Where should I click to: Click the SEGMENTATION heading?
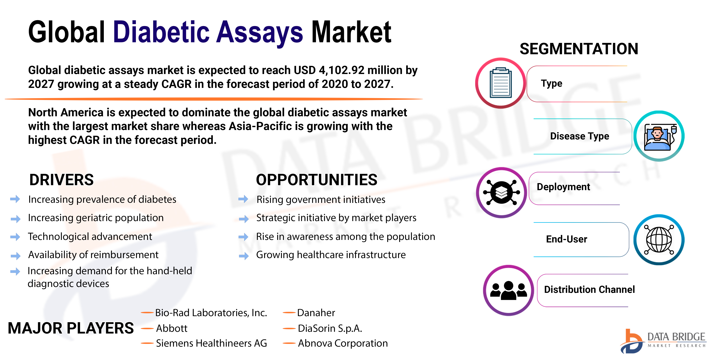tap(579, 49)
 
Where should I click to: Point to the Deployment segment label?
tap(563, 187)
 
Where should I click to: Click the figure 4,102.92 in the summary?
tap(341, 70)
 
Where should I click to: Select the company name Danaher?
tap(316, 313)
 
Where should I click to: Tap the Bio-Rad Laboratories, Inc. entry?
tap(211, 313)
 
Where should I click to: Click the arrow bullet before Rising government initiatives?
tap(243, 199)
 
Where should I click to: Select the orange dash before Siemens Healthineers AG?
tap(147, 343)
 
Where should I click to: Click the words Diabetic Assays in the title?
tap(208, 32)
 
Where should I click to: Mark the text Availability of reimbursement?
tap(93, 255)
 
